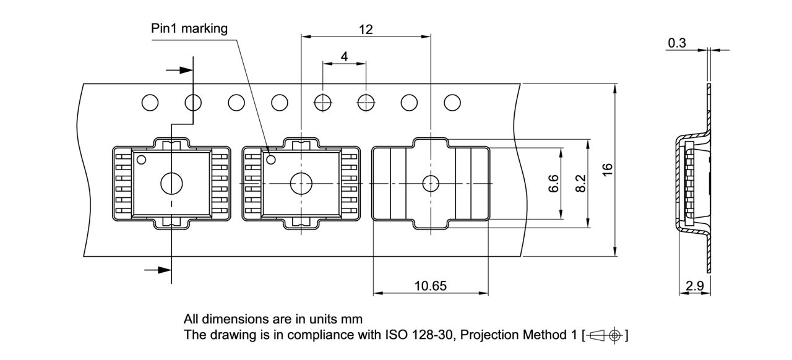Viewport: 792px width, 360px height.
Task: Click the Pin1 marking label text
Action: [x=189, y=28]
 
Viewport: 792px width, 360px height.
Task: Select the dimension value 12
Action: [x=366, y=29]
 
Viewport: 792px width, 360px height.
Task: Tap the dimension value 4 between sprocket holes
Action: [x=344, y=56]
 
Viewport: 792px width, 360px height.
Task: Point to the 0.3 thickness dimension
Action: [x=677, y=43]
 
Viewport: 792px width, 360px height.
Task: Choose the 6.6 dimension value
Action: [x=554, y=184]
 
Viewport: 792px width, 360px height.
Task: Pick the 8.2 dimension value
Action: [x=580, y=184]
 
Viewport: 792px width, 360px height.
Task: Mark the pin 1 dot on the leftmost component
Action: [x=141, y=160]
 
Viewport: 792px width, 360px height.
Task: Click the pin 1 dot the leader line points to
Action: [x=270, y=160]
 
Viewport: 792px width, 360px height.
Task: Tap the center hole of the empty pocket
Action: [x=431, y=184]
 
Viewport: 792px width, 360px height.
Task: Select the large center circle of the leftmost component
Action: [x=171, y=184]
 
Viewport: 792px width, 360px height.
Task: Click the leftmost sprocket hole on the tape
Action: [x=150, y=102]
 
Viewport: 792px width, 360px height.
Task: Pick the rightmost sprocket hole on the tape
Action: [x=452, y=102]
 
